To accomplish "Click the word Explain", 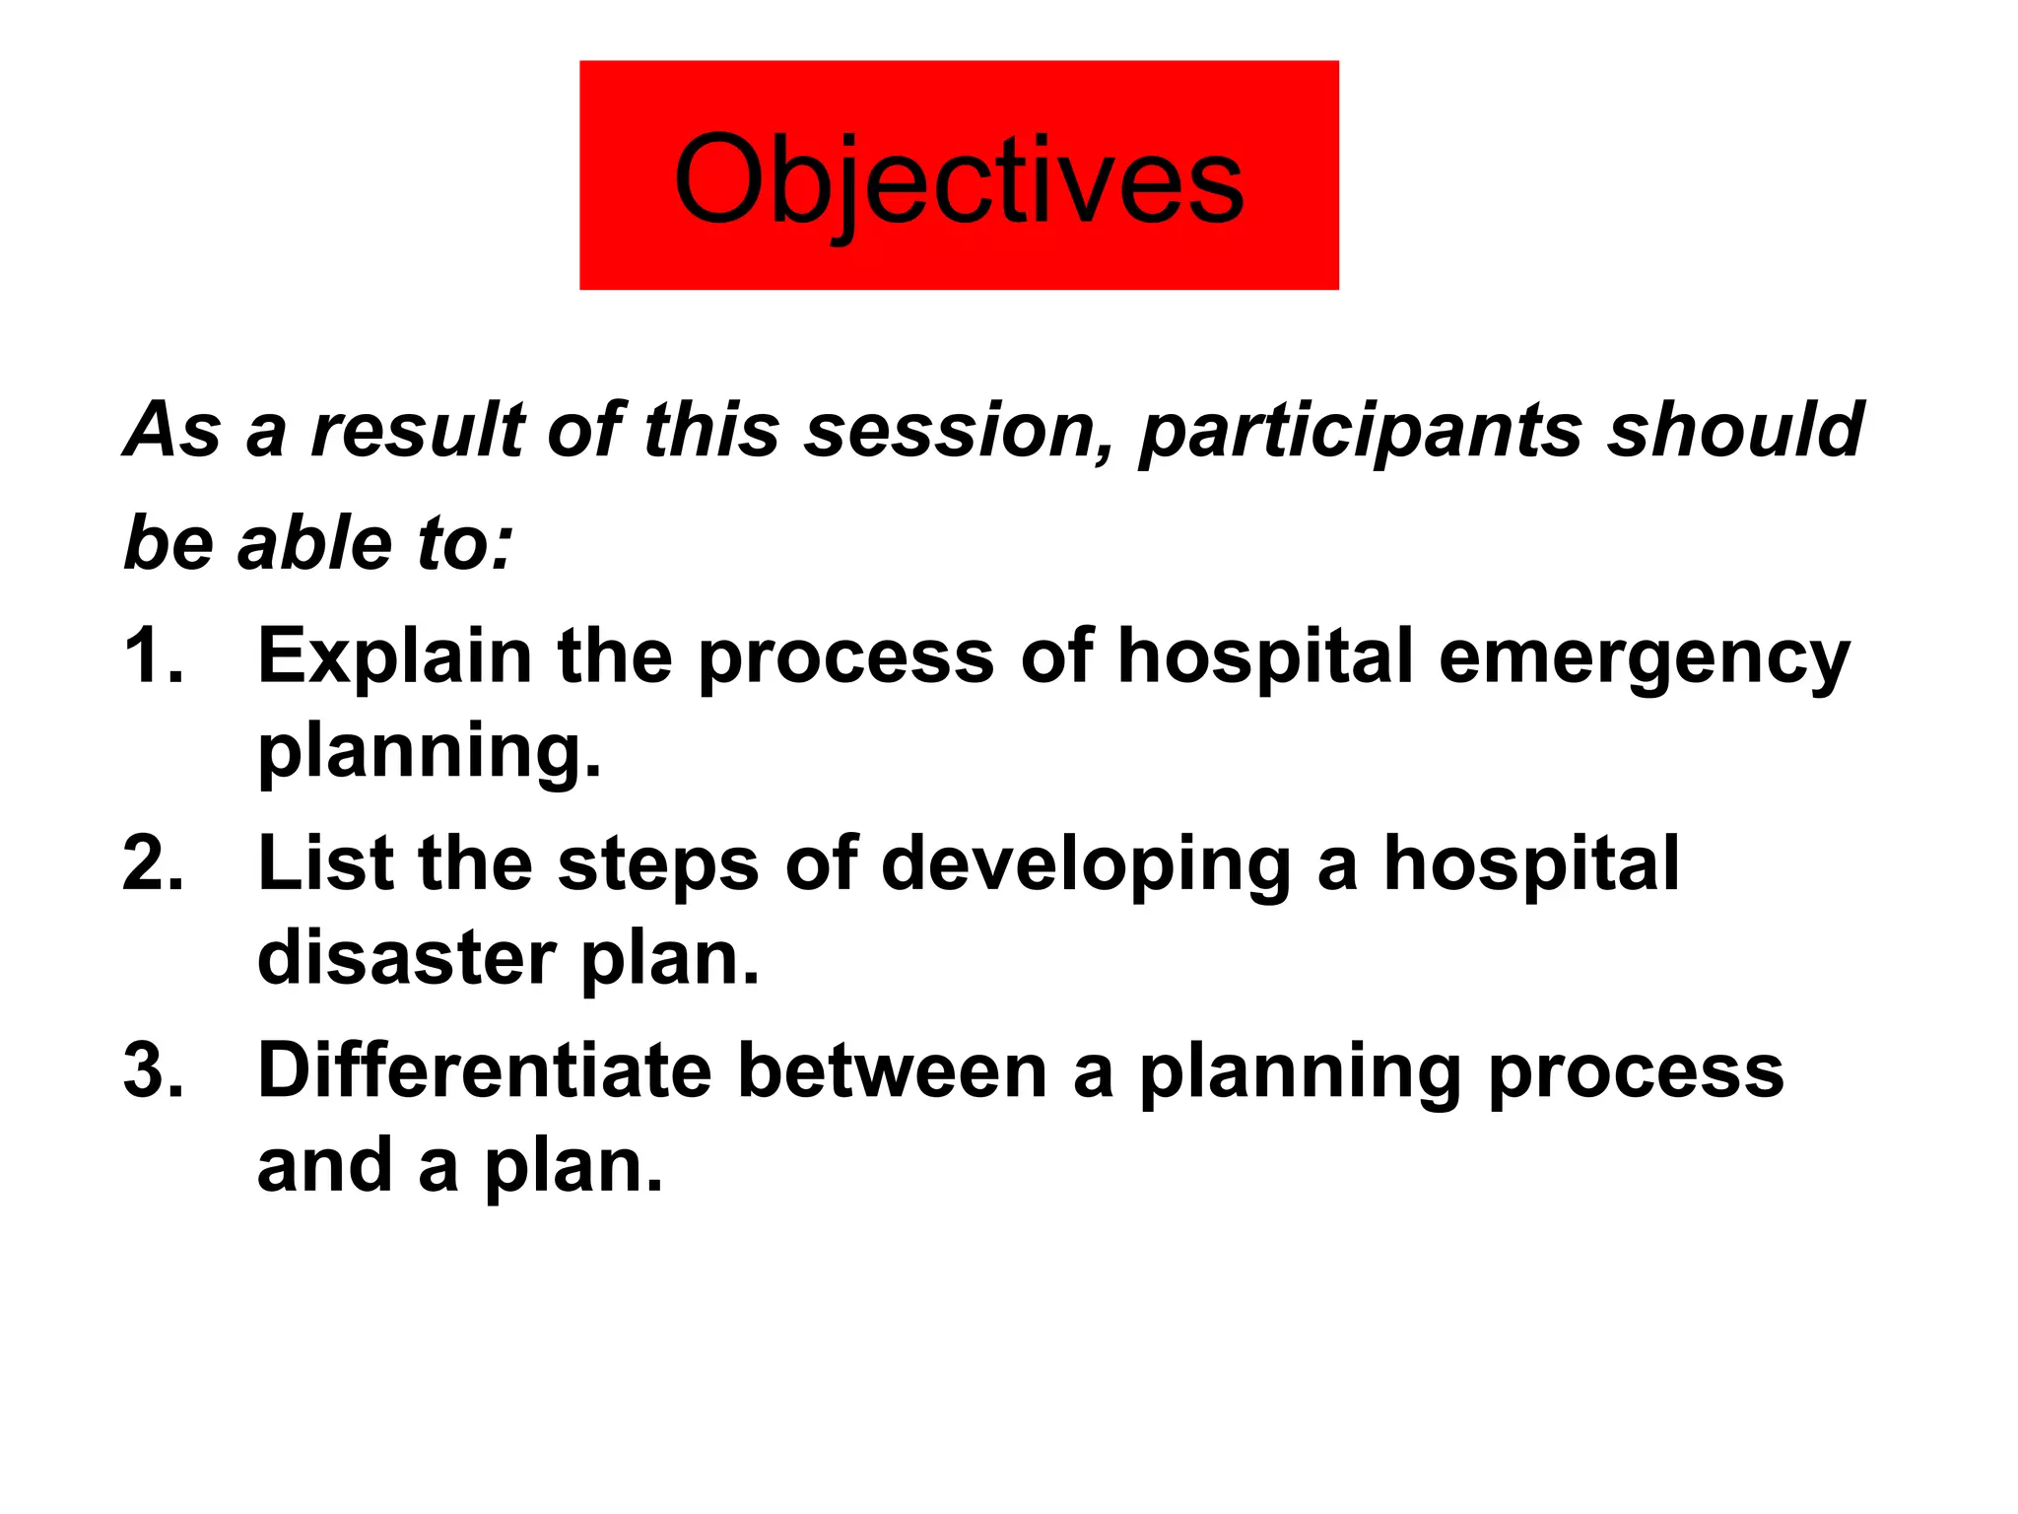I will [394, 656].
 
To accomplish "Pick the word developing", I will [1085, 865].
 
